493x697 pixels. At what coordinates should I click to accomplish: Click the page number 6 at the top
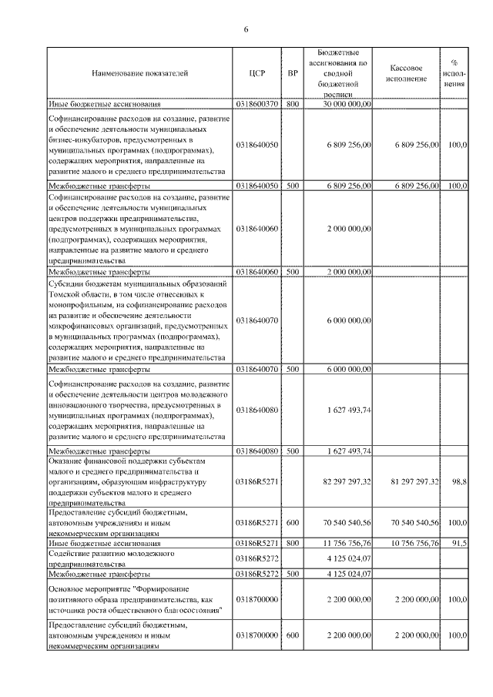246,30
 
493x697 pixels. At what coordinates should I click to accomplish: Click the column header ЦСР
257,74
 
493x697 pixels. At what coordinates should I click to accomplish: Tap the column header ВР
292,74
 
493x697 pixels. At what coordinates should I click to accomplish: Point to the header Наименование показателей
139,74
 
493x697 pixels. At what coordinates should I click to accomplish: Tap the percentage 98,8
459,481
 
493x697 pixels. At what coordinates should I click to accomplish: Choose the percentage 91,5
459,543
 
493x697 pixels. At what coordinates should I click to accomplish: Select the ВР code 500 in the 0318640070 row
292,369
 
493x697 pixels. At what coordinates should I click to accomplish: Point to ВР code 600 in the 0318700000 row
292,635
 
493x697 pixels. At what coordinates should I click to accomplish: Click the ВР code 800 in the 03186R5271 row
292,543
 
